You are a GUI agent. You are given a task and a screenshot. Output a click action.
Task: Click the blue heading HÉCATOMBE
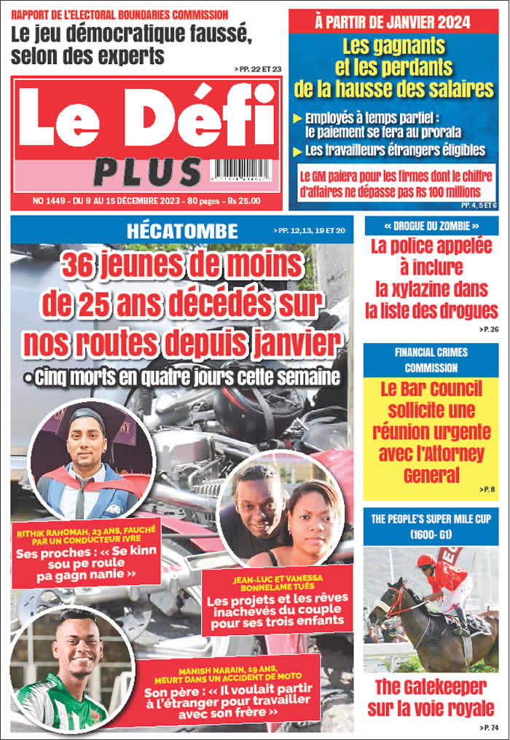(x=182, y=232)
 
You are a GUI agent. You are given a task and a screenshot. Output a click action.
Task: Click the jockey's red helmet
(x=425, y=560)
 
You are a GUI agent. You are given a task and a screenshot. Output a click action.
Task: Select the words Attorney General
(x=431, y=465)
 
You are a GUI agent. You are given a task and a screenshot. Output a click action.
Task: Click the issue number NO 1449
(x=49, y=200)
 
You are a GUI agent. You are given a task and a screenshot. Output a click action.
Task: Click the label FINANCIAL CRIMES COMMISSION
(x=431, y=360)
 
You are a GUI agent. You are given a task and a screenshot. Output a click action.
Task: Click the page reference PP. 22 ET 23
(x=258, y=68)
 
